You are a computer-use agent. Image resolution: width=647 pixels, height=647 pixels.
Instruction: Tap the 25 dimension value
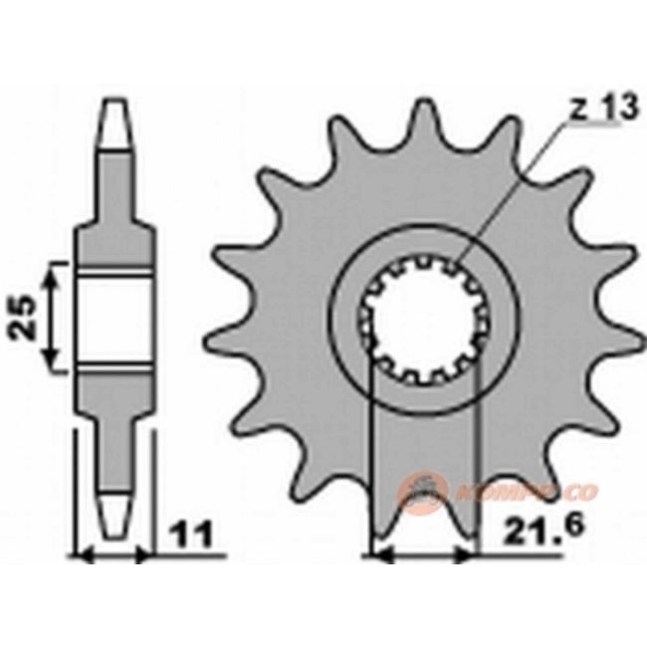point(27,318)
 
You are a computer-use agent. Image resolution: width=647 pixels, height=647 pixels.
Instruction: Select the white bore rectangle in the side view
point(116,320)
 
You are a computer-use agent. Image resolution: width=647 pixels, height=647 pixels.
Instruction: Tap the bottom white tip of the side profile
point(116,514)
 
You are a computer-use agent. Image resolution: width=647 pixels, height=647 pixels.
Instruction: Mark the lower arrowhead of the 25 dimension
point(58,364)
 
